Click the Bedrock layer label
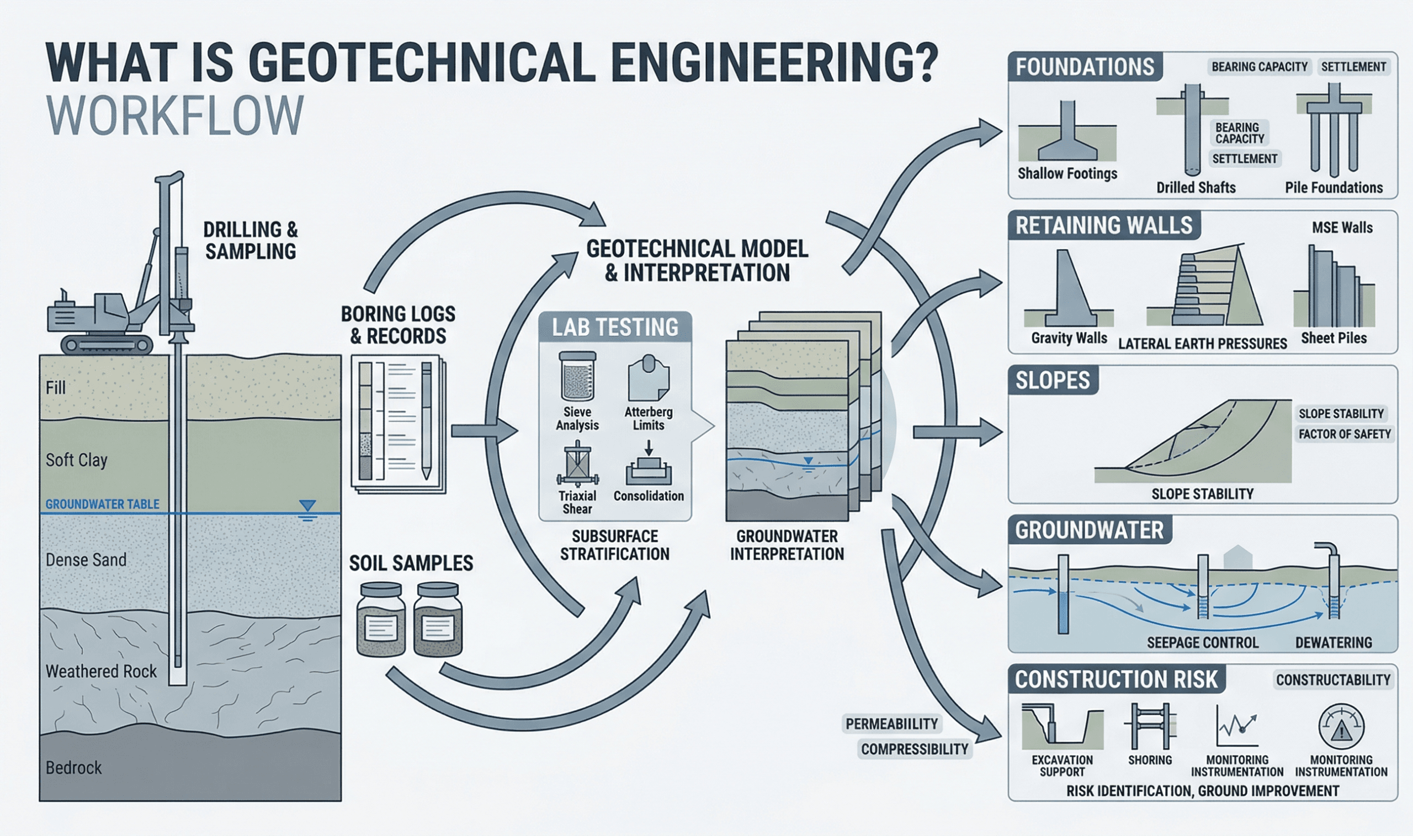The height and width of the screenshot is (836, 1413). (74, 768)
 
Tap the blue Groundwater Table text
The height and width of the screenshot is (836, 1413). (102, 504)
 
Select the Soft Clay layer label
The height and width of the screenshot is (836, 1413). (76, 460)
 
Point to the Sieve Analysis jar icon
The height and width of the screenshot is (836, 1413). (577, 376)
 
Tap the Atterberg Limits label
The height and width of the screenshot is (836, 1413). (649, 419)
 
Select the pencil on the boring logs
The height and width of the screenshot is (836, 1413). (426, 420)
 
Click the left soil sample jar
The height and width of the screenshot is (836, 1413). (381, 620)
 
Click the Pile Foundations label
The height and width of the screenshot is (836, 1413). (1334, 187)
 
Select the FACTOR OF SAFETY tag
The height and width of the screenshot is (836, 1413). (1344, 434)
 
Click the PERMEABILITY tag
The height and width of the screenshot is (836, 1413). (891, 724)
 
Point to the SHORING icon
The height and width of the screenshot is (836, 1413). (1150, 727)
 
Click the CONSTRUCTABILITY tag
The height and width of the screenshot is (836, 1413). (1333, 680)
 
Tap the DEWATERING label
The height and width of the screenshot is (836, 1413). (1334, 643)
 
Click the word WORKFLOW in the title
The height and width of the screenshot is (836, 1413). (175, 115)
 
